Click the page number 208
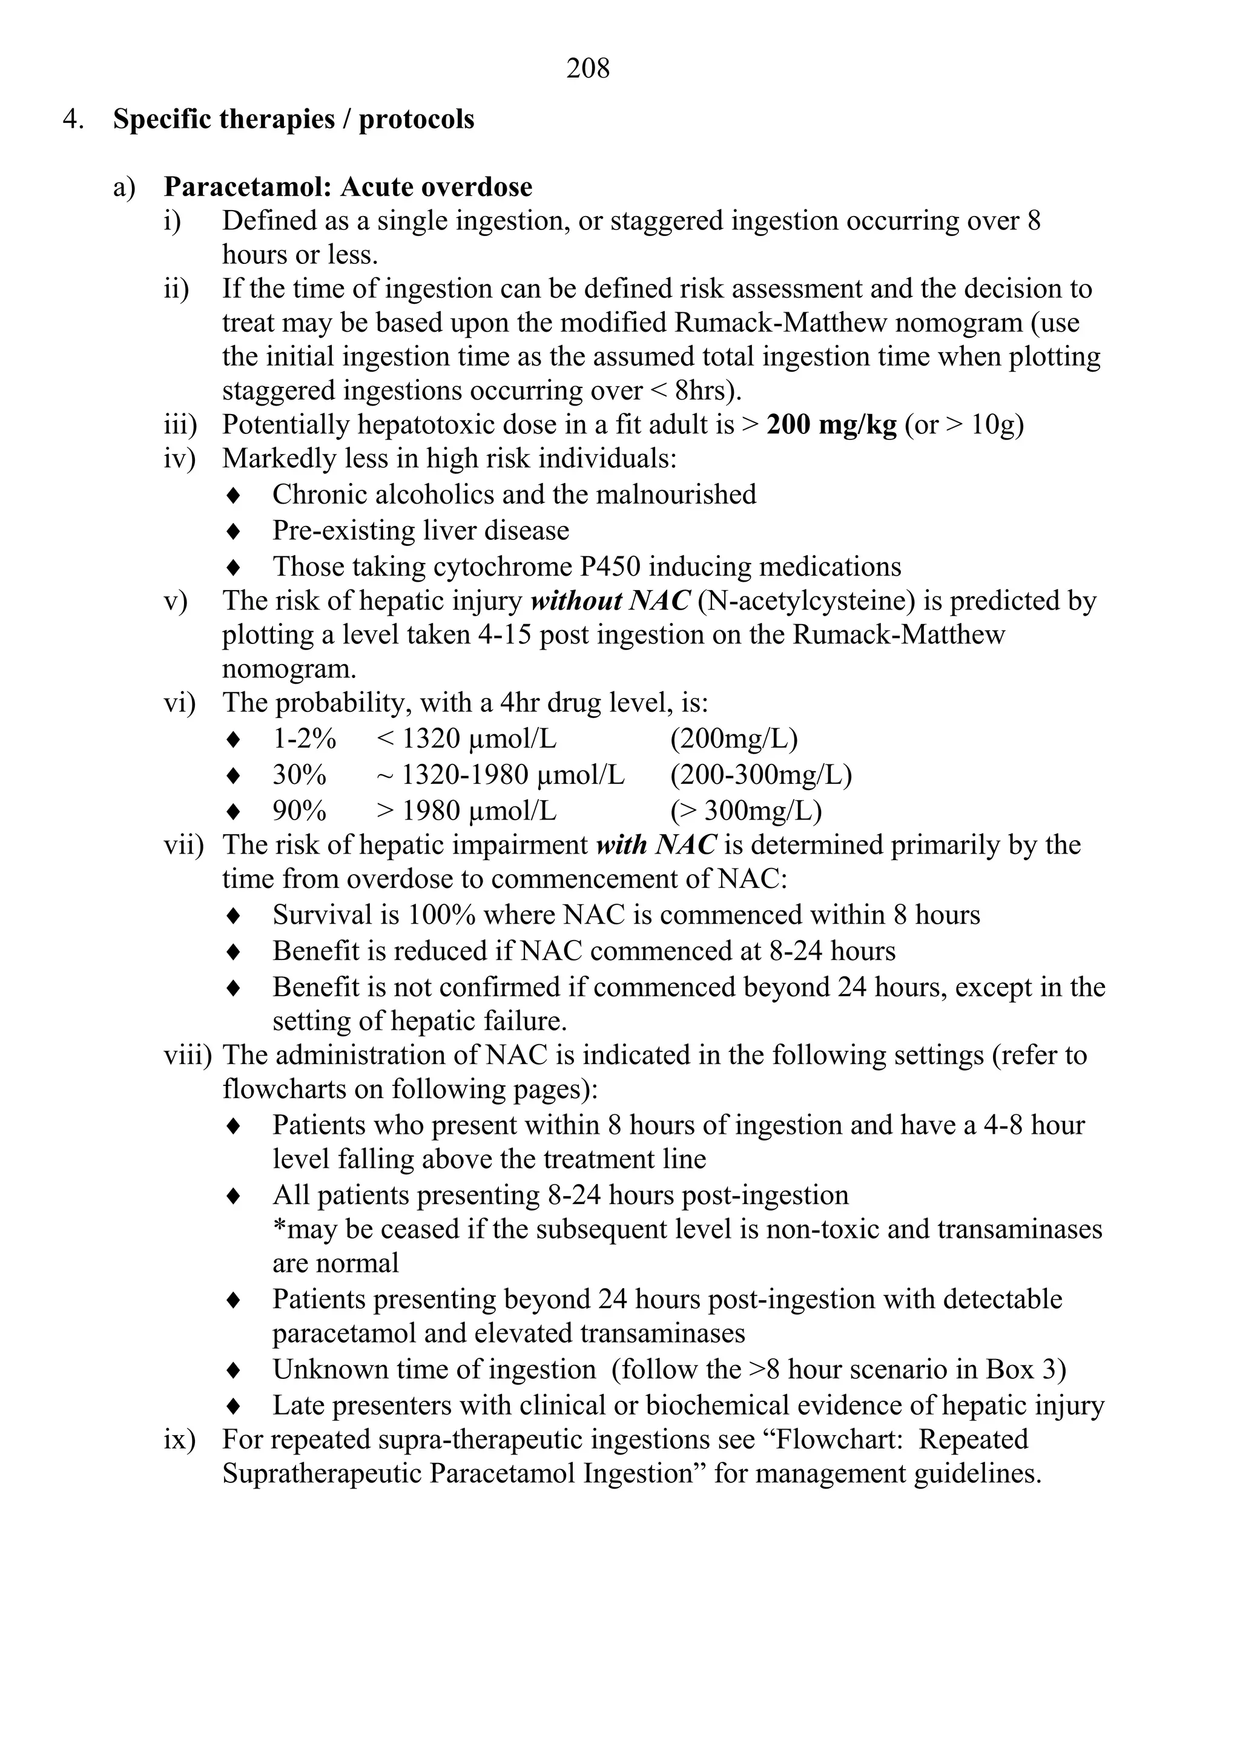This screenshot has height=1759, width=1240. (x=588, y=69)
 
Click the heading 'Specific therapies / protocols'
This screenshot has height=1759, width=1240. (x=294, y=119)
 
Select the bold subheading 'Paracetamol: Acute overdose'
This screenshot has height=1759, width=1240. (x=348, y=187)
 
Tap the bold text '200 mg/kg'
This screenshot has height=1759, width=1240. (x=831, y=424)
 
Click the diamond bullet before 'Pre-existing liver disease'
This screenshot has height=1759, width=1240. (x=234, y=531)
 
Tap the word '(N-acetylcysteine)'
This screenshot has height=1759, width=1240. (x=807, y=600)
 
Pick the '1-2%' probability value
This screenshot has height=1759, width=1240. (x=305, y=739)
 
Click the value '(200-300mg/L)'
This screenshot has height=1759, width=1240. (x=761, y=775)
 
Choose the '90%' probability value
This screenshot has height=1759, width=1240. (x=300, y=810)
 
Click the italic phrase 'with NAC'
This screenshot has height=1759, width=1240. (x=656, y=845)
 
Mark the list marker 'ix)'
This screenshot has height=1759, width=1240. (x=179, y=1439)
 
